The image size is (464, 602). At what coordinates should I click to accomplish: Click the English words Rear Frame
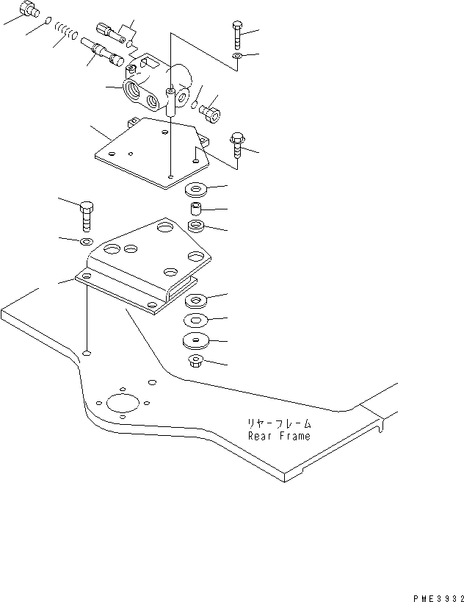coord(278,436)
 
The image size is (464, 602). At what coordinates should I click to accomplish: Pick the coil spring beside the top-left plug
coord(67,32)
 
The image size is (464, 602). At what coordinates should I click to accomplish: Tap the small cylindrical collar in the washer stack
coord(196,209)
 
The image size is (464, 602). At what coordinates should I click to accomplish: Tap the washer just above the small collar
coord(196,190)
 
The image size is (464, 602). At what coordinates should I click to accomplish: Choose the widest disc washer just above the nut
coord(196,340)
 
